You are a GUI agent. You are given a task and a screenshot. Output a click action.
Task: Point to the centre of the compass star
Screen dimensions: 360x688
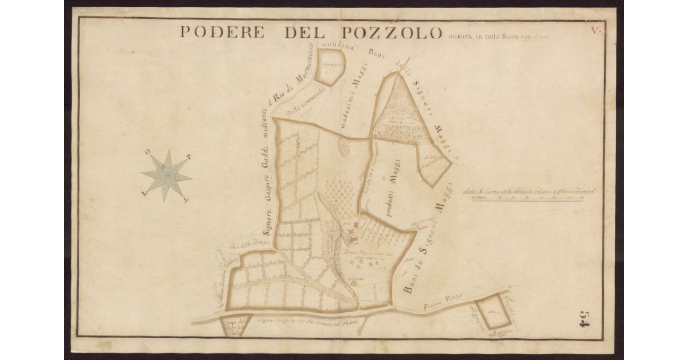tap(166, 175)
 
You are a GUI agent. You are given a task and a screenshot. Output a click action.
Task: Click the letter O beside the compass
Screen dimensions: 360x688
tap(148, 154)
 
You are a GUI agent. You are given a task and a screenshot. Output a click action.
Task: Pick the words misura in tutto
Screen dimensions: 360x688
tap(467, 36)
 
